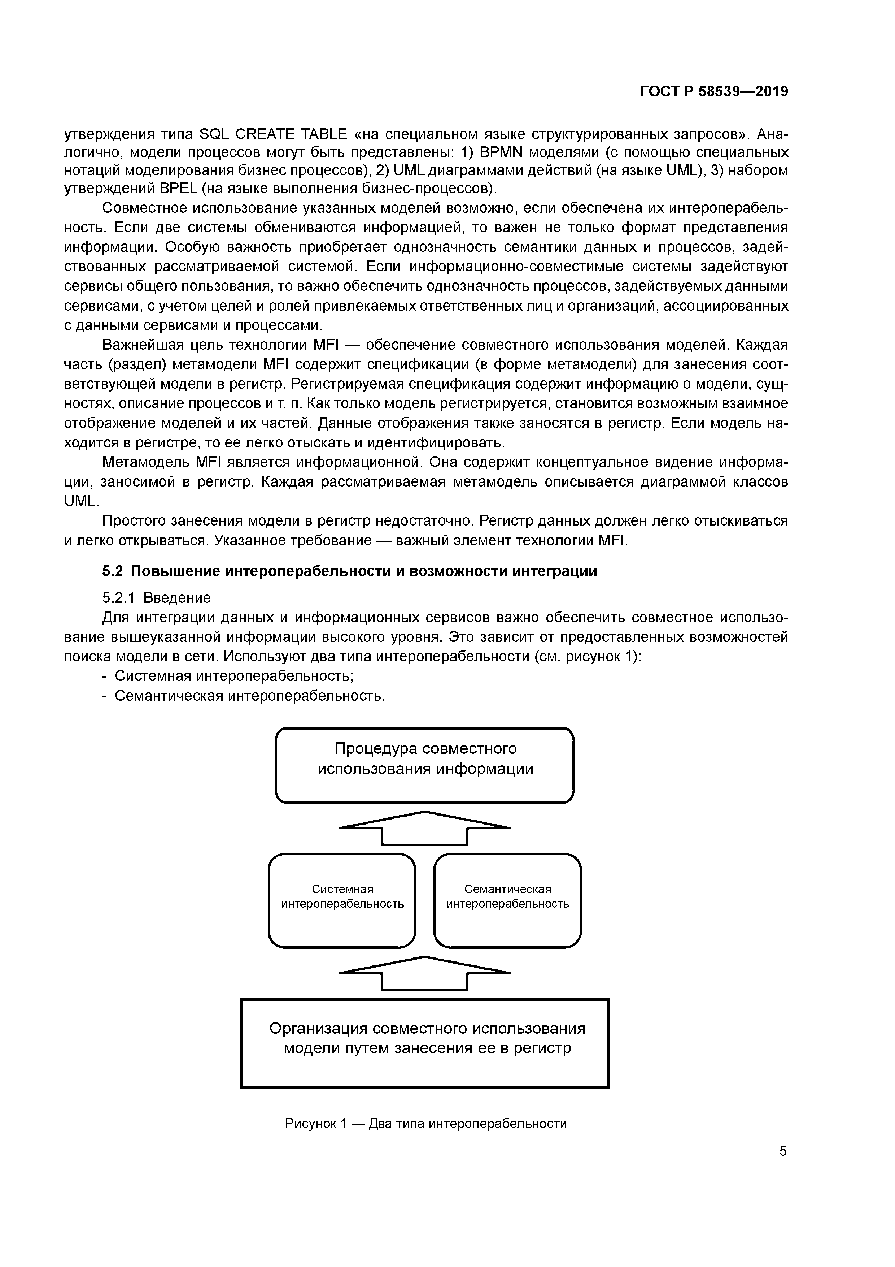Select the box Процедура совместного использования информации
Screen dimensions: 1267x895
click(x=425, y=765)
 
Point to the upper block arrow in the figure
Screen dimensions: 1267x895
click(x=425, y=828)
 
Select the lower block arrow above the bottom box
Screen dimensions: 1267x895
click(x=425, y=973)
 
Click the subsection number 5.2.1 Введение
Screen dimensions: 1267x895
click(x=157, y=598)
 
